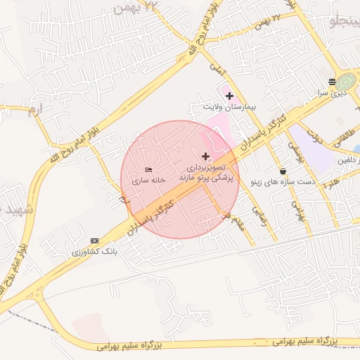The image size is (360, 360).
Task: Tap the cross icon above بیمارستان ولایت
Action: click(x=229, y=95)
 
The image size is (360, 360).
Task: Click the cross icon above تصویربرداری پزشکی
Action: click(x=205, y=156)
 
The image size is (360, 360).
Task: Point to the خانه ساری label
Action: click(x=148, y=180)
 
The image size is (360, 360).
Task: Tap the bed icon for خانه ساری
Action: click(x=148, y=169)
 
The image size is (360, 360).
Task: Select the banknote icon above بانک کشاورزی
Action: click(x=95, y=240)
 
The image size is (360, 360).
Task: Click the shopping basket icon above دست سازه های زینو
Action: click(x=283, y=171)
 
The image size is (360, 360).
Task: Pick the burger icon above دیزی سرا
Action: click(x=332, y=82)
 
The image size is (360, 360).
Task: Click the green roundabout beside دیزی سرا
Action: click(x=347, y=82)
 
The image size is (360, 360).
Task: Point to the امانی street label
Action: click(x=216, y=68)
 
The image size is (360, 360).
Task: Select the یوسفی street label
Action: click(x=291, y=148)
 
